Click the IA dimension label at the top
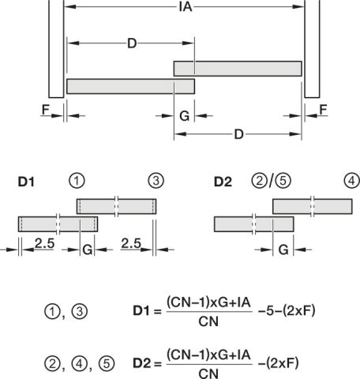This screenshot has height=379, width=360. pyautogui.click(x=186, y=7)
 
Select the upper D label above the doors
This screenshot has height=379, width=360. pyautogui.click(x=132, y=43)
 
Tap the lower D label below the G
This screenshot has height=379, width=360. pyautogui.click(x=238, y=134)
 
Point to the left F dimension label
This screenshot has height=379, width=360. pyautogui.click(x=46, y=110)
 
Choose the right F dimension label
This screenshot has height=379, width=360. pyautogui.click(x=323, y=110)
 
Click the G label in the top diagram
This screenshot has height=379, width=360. pyautogui.click(x=184, y=116)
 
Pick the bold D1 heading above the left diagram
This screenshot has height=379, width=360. pyautogui.click(x=26, y=182)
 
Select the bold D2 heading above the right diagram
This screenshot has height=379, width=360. pyautogui.click(x=223, y=182)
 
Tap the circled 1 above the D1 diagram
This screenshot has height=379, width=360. pyautogui.click(x=77, y=181)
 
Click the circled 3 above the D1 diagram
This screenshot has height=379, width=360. pyautogui.click(x=156, y=181)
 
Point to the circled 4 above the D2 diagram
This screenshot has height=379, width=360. pyautogui.click(x=351, y=181)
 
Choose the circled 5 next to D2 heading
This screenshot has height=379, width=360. pyautogui.click(x=283, y=181)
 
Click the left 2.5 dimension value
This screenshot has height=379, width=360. pyautogui.click(x=44, y=243)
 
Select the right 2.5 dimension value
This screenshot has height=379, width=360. pyautogui.click(x=131, y=243)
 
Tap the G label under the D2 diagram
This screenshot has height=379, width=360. pyautogui.click(x=283, y=250)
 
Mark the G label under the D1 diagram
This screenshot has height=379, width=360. pyautogui.click(x=88, y=250)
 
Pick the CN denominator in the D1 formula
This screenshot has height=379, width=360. pyautogui.click(x=208, y=321)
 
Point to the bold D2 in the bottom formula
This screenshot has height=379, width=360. pyautogui.click(x=141, y=363)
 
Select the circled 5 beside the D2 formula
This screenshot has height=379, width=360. pyautogui.click(x=107, y=364)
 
